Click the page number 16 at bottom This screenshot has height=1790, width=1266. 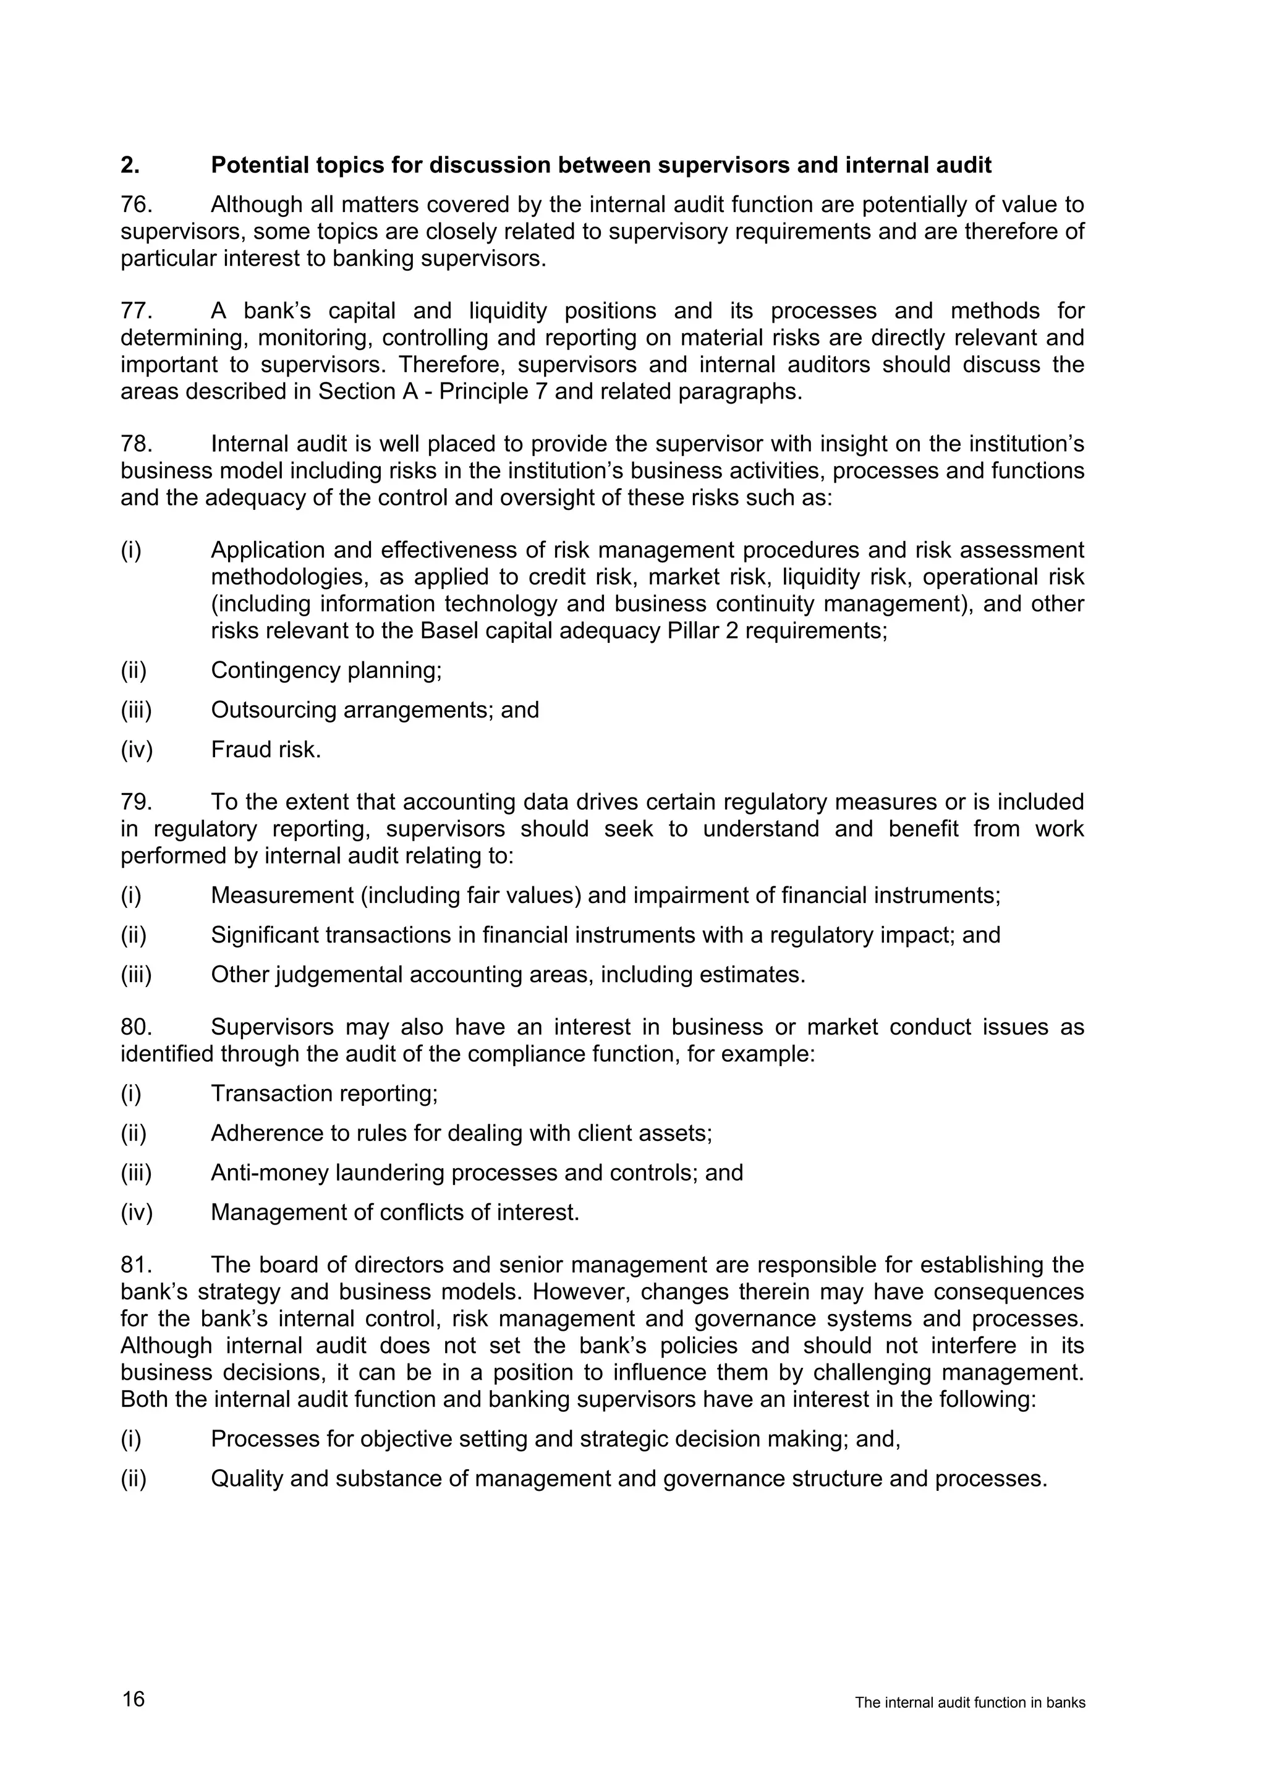pyautogui.click(x=134, y=1699)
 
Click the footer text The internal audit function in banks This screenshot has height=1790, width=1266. pyautogui.click(x=970, y=1703)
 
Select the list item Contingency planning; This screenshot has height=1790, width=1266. pyautogui.click(x=326, y=671)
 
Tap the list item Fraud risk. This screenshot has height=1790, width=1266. pyautogui.click(x=266, y=750)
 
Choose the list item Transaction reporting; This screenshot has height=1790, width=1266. pyautogui.click(x=325, y=1094)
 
